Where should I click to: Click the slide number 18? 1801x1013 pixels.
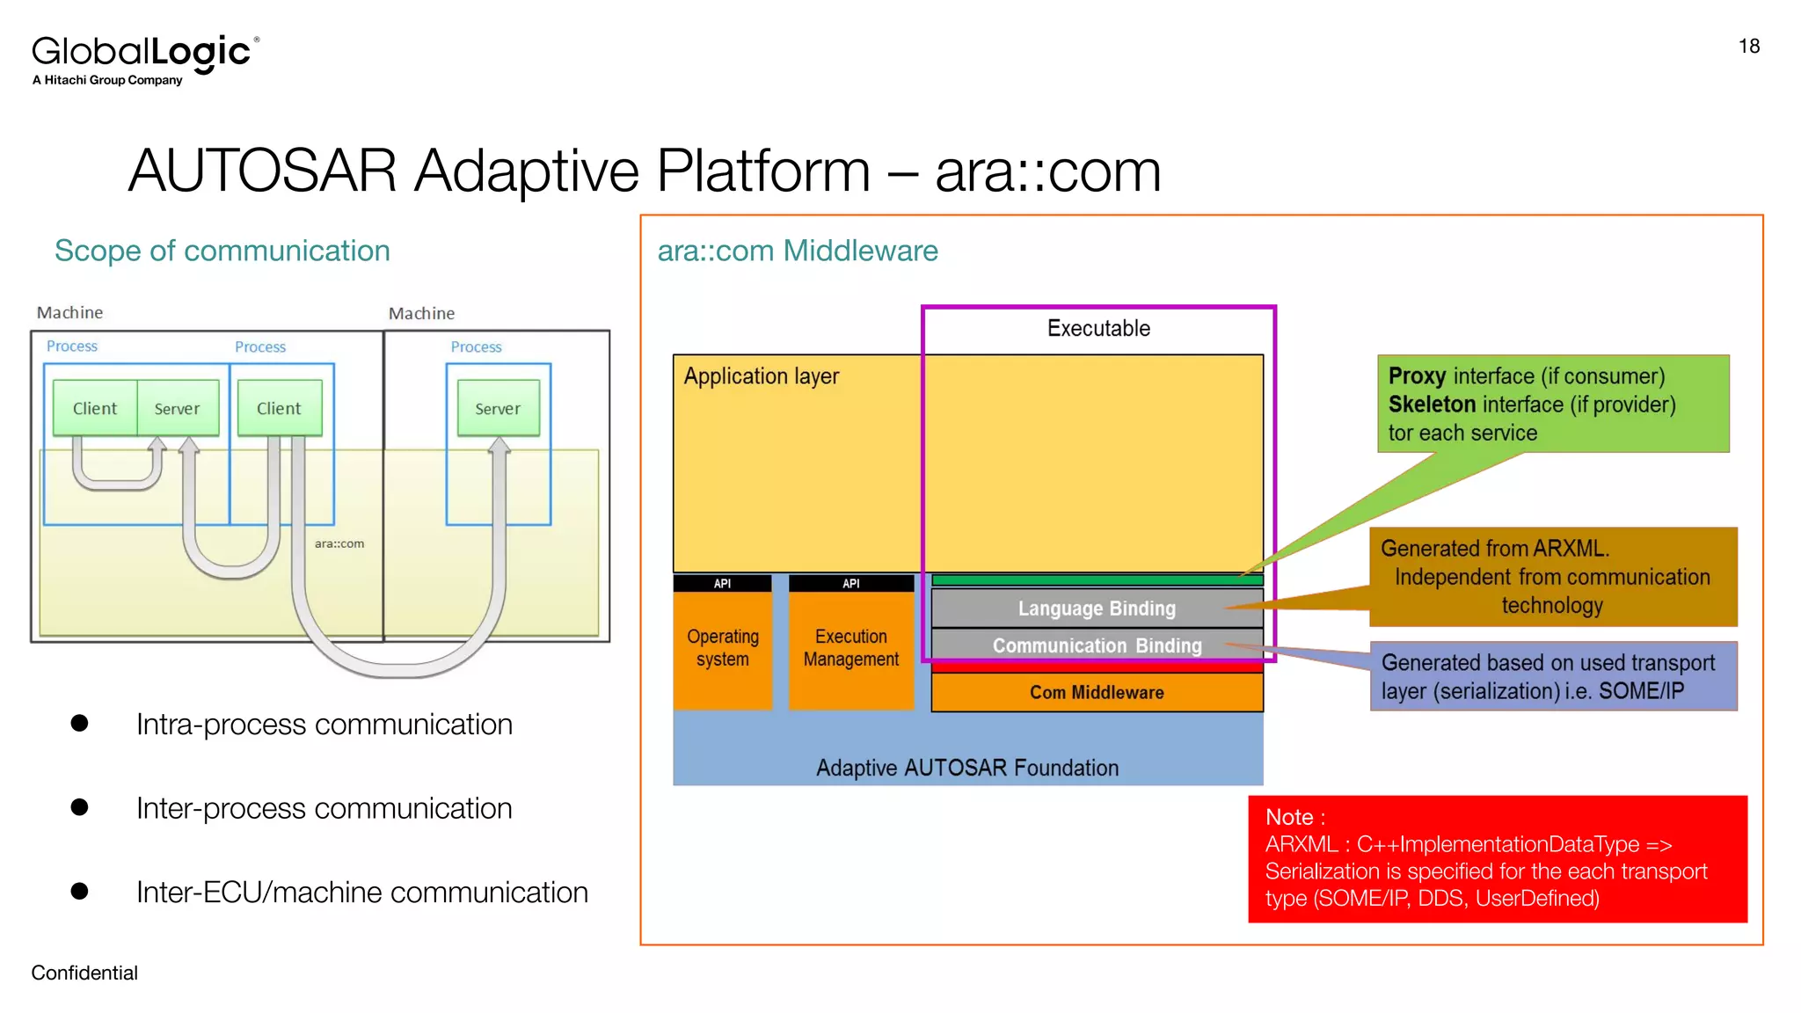coord(1748,47)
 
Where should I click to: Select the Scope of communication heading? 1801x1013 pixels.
coord(222,251)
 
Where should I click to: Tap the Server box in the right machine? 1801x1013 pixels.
coord(498,408)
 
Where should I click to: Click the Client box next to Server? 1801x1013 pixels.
coord(95,408)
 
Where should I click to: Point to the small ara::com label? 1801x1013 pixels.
coord(339,543)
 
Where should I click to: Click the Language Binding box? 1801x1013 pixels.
coord(1096,609)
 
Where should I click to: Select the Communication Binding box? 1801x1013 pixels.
coord(1096,645)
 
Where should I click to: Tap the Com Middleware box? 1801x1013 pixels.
coord(1096,692)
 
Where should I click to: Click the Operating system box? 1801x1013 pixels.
coord(722,648)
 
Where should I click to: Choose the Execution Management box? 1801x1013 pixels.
coord(850,648)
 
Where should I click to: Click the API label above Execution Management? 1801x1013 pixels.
coord(850,584)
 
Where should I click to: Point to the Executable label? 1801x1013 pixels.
coord(1097,328)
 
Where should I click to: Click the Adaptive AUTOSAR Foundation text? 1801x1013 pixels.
coord(966,768)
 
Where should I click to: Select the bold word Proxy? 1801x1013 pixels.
coord(1417,376)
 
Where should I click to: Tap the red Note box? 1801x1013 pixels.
coord(1497,858)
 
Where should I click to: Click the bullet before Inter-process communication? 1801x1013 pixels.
coord(80,807)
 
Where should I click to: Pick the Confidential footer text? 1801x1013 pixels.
coord(84,973)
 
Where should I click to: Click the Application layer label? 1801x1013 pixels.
coord(761,376)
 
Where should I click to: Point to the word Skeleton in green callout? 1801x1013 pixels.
coord(1432,404)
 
